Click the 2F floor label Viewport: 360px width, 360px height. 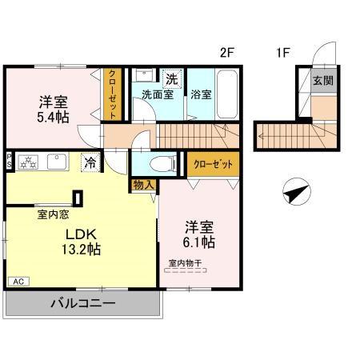(x=227, y=54)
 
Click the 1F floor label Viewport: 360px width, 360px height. (x=282, y=54)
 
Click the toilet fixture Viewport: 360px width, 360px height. (x=163, y=164)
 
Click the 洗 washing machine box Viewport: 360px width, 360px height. (x=171, y=78)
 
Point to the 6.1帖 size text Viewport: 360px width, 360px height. (x=200, y=241)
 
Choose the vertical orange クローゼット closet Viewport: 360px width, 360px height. (x=112, y=95)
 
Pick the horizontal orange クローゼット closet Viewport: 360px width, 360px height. (x=214, y=164)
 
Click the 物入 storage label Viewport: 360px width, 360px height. (x=145, y=185)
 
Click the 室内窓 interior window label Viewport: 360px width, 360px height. (x=51, y=214)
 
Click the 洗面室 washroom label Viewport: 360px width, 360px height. (x=157, y=94)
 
